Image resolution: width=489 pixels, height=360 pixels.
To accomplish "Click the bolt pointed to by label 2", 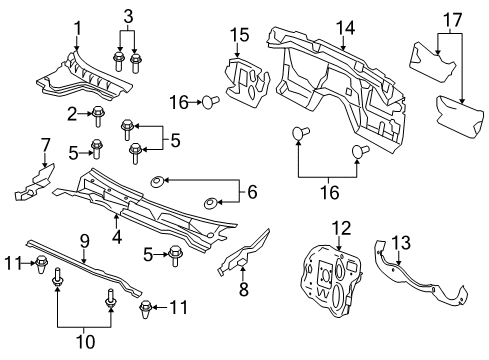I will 98,114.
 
